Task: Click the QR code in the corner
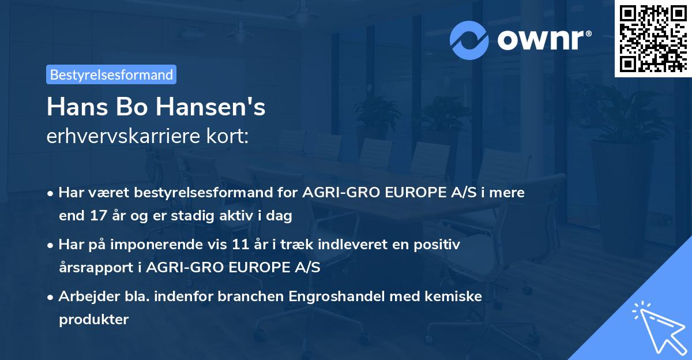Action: coord(653,39)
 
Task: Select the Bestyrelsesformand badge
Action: coord(111,74)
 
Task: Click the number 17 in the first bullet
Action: coord(97,216)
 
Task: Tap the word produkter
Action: coord(93,319)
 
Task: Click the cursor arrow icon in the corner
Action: coord(657,325)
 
